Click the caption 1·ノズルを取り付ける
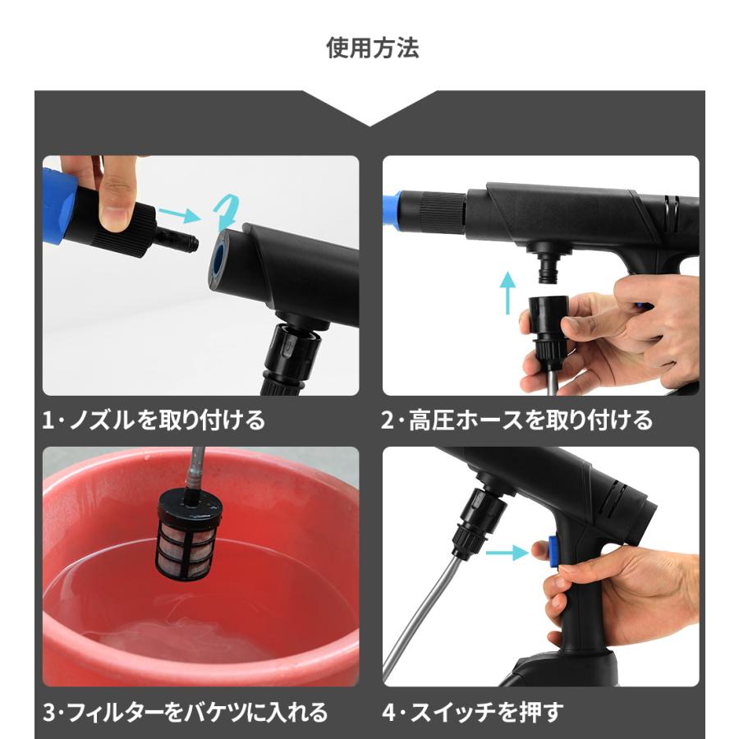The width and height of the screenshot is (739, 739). pyautogui.click(x=154, y=420)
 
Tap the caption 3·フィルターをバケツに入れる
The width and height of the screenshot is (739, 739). pyautogui.click(x=185, y=711)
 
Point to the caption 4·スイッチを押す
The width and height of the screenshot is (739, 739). pyautogui.click(x=473, y=711)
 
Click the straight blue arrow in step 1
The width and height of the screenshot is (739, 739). pyautogui.click(x=179, y=216)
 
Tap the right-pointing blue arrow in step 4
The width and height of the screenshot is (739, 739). pyautogui.click(x=506, y=553)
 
